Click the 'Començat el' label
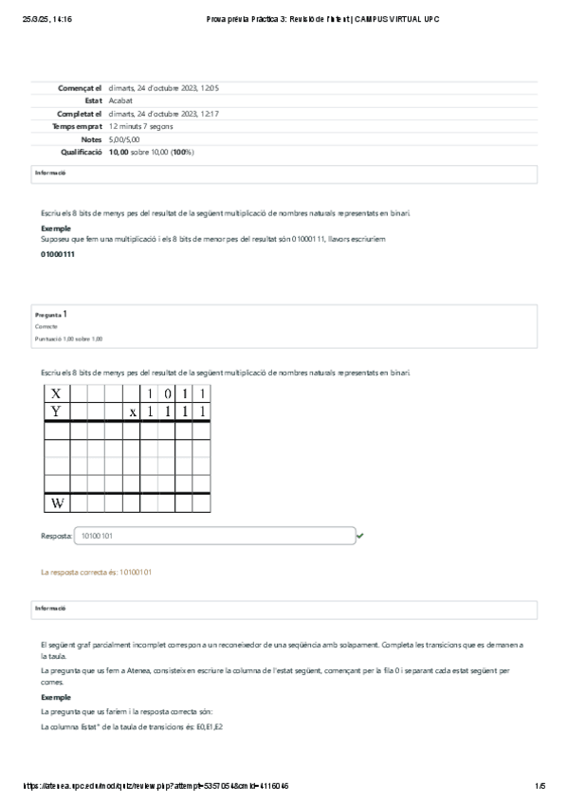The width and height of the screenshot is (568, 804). [x=81, y=87]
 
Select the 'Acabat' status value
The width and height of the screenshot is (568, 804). [x=120, y=100]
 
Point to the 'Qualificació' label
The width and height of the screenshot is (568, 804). [x=82, y=152]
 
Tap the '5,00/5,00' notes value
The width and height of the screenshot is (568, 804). [x=124, y=139]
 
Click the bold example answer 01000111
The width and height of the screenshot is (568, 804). [x=58, y=255]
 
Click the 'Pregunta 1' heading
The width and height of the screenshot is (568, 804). [x=50, y=313]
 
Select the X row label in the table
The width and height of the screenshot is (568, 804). [x=56, y=393]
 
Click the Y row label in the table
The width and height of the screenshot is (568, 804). [x=56, y=411]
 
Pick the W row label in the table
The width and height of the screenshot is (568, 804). [x=56, y=502]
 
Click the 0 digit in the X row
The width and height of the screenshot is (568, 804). [x=168, y=393]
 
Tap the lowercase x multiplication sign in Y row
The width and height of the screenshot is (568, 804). [x=134, y=411]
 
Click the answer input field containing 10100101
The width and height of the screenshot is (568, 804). [x=213, y=536]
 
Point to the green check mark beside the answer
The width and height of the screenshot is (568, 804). [x=360, y=536]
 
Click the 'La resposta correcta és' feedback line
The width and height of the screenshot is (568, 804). [x=96, y=573]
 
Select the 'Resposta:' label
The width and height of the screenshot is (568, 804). [x=55, y=536]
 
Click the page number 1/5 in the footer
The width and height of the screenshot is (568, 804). [x=540, y=786]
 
